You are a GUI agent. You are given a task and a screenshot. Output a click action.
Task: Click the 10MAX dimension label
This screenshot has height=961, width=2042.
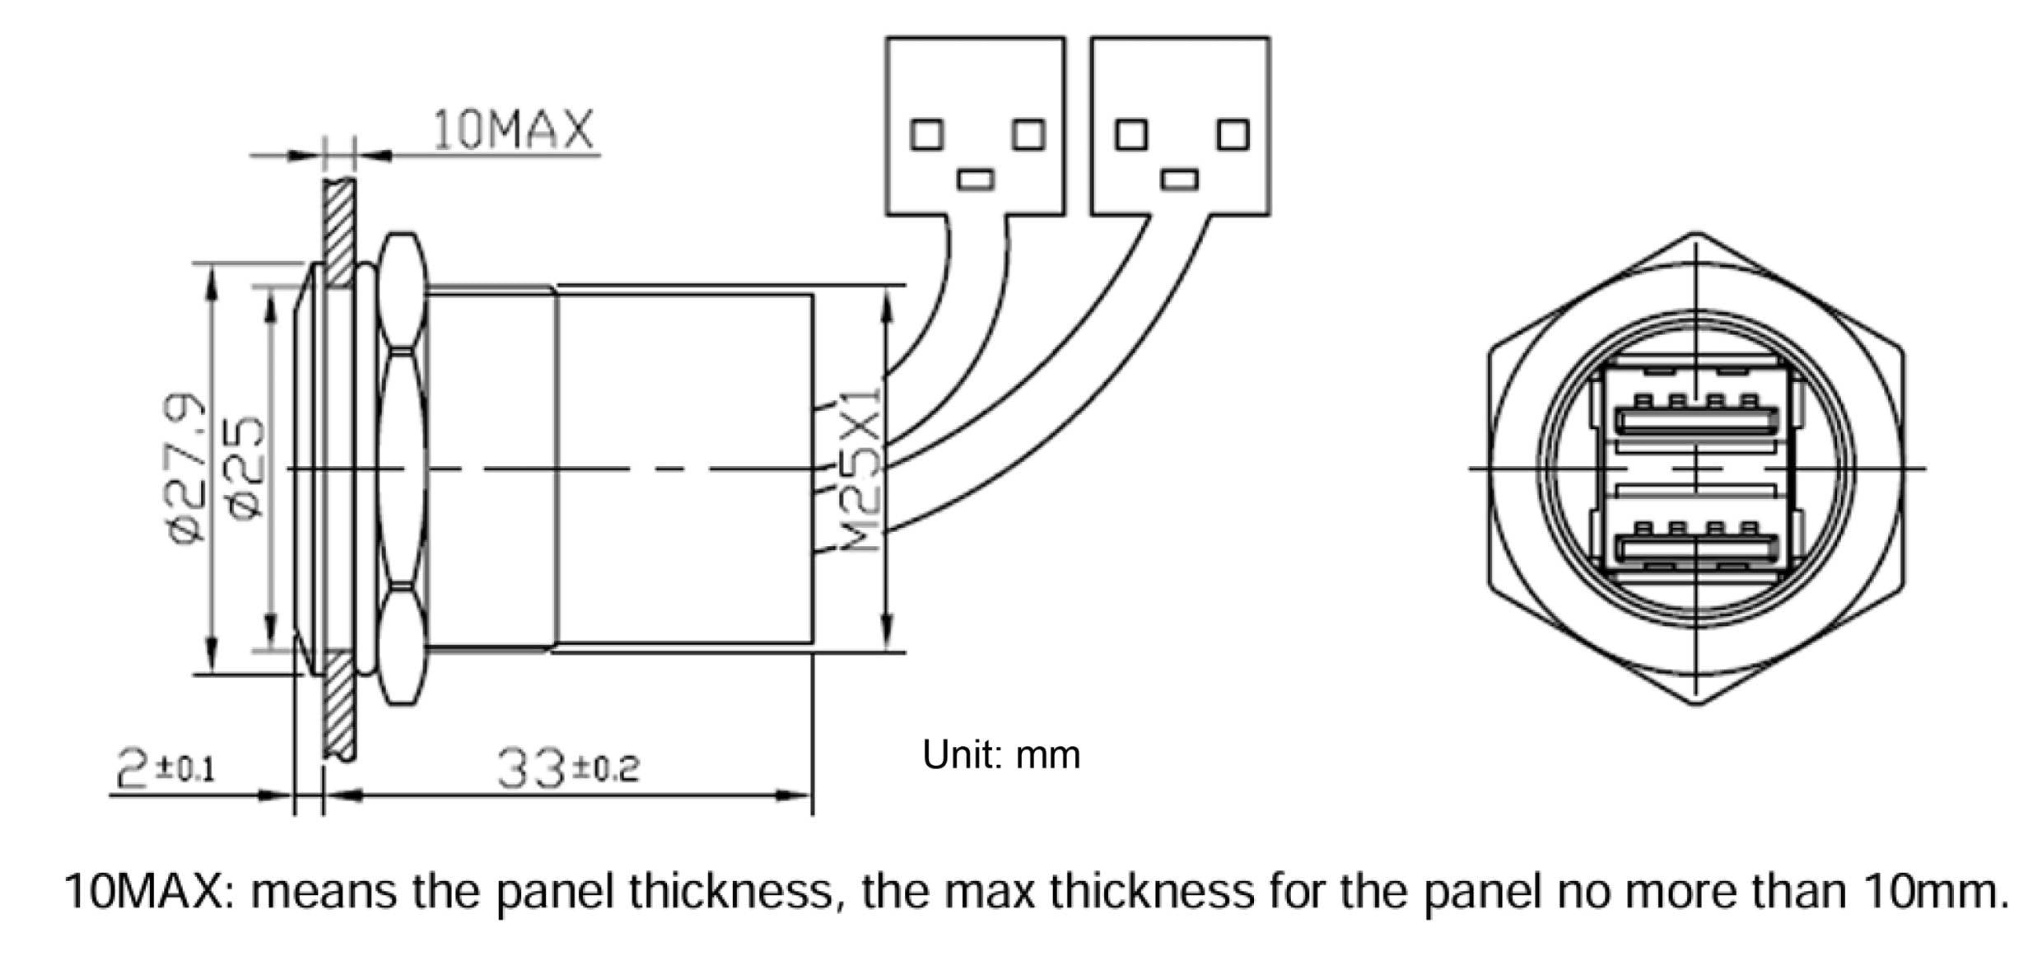pos(512,130)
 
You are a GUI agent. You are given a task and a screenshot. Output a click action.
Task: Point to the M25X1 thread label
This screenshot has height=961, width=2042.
pos(862,469)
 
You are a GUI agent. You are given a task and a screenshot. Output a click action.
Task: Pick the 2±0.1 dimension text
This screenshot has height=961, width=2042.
pos(166,767)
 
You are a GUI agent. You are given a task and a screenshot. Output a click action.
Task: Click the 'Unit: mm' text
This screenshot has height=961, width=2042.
pos(1000,754)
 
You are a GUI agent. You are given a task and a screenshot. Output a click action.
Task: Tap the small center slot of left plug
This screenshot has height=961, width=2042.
pos(977,179)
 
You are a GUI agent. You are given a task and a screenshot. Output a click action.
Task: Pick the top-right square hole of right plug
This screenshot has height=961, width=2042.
pos(1233,134)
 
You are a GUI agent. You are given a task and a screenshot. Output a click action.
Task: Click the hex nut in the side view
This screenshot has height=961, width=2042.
pos(403,469)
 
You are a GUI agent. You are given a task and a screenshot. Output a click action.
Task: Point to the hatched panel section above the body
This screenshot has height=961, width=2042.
pos(339,231)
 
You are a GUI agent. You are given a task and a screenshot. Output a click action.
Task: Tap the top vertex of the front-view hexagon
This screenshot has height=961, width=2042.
pos(1696,235)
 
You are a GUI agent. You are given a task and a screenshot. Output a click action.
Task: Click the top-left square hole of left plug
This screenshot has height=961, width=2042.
pos(926,134)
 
